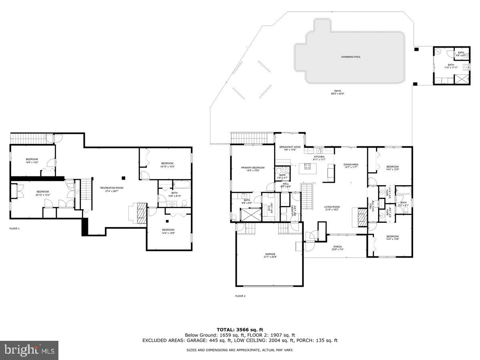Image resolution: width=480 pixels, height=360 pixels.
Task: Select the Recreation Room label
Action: [x=112, y=189]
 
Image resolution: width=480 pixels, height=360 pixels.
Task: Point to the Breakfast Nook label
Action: [x=290, y=148]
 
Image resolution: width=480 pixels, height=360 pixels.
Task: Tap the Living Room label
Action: [x=332, y=208]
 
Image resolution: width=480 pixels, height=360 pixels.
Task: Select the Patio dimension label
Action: [x=338, y=92]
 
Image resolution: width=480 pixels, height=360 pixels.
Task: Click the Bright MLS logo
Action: [x=29, y=350]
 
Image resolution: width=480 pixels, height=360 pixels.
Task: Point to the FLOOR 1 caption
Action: [x=14, y=228]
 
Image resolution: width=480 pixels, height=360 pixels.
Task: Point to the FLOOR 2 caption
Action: [x=240, y=296]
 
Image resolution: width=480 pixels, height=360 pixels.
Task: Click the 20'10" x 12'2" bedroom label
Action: [x=43, y=193]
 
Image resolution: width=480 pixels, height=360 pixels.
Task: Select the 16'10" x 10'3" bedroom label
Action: [x=167, y=164]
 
